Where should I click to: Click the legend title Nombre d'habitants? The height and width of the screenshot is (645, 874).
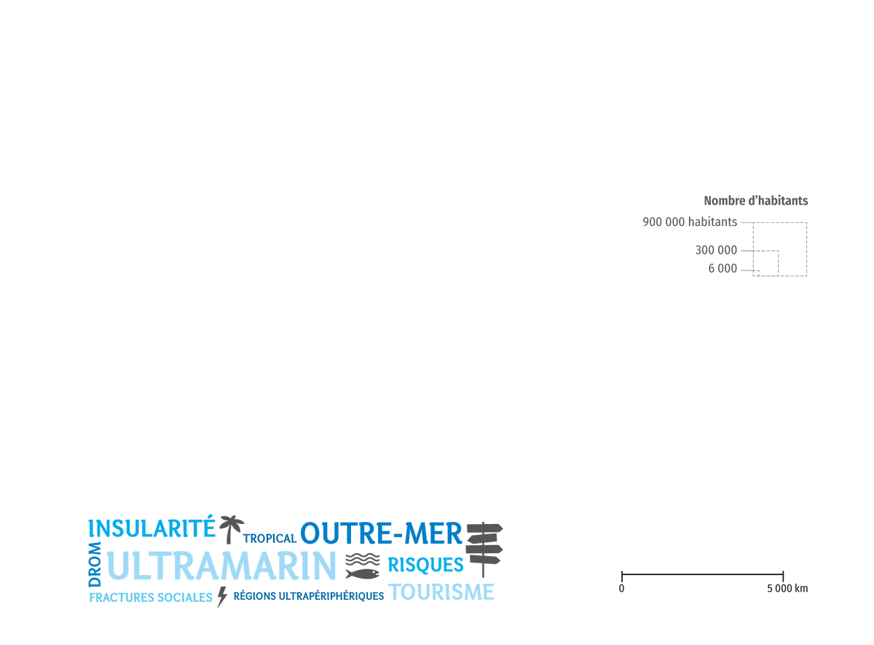coord(756,200)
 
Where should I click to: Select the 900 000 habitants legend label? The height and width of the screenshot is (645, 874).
coord(690,222)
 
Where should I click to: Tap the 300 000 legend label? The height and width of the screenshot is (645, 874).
coord(716,250)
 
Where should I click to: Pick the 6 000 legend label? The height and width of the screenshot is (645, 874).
coord(723,269)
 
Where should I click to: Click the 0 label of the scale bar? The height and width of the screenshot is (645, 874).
coord(621,588)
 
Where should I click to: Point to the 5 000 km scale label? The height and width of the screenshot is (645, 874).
coord(787,588)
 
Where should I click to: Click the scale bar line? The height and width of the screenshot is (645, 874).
coord(702,574)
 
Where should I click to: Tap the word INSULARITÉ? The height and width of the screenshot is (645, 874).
coord(151,527)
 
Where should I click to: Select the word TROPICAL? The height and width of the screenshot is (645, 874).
coord(269,539)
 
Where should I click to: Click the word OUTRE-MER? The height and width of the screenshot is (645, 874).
coord(381,533)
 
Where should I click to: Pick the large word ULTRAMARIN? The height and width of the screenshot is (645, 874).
coord(221,566)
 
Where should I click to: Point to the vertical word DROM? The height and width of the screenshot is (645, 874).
coord(95,564)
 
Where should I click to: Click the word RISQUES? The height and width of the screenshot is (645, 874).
coord(425,565)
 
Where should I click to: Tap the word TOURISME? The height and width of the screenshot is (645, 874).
coord(441,592)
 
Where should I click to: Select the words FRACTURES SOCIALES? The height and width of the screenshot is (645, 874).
coord(151,598)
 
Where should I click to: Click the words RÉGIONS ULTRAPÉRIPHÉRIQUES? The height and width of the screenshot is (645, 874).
coord(309,596)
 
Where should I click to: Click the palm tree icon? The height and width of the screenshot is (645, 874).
coord(231,529)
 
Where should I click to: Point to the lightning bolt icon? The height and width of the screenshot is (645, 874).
coord(222,597)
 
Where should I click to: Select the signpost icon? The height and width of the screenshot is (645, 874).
coord(484,550)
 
